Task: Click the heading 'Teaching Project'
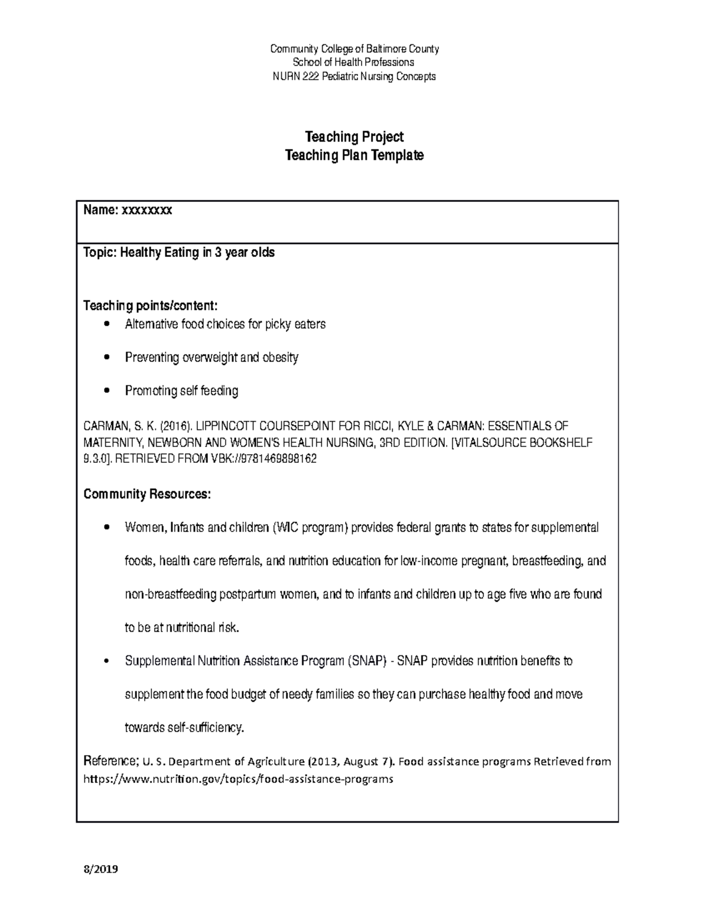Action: (354, 137)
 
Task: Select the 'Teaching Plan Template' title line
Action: (354, 156)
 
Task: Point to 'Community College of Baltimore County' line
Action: (354, 49)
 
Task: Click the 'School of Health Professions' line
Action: (354, 63)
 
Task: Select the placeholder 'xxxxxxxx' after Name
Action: (147, 210)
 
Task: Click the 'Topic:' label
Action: (101, 253)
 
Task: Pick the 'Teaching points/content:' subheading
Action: (151, 306)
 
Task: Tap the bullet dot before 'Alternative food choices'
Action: (106, 324)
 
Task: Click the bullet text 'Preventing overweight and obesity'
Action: (212, 358)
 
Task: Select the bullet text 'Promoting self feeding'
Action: (181, 391)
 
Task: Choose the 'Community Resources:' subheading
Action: (147, 494)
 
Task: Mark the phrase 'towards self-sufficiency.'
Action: (184, 727)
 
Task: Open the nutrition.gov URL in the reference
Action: (238, 779)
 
